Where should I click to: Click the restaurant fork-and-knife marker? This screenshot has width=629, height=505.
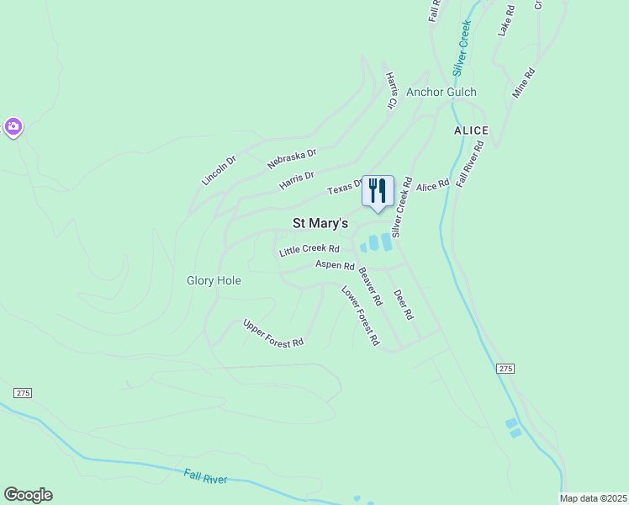tap(378, 190)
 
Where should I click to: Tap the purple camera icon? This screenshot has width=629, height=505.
tap(13, 127)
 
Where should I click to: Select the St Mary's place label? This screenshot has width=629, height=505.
tap(320, 224)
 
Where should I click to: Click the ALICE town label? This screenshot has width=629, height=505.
tap(471, 130)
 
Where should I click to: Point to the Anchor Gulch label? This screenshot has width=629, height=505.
tap(441, 93)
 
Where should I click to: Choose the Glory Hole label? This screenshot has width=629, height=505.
tap(214, 280)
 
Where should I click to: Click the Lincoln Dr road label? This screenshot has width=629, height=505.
tap(219, 169)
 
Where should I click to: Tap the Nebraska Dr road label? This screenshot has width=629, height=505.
tap(292, 157)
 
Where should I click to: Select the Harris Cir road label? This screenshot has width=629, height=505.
tap(391, 90)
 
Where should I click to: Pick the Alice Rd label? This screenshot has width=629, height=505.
tap(433, 185)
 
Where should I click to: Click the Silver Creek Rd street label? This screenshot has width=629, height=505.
tap(400, 205)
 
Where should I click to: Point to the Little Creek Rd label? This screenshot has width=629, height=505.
tap(309, 249)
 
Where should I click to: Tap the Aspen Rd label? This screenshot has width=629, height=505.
tap(335, 265)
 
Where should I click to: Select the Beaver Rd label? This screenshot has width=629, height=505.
tap(370, 286)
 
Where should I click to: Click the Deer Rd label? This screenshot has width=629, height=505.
tap(404, 304)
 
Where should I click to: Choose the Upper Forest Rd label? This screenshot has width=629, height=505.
tap(273, 333)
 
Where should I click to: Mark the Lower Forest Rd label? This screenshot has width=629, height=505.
tap(360, 316)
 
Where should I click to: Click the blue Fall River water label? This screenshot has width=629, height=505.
tap(206, 477)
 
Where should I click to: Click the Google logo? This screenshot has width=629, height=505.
tap(28, 495)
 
